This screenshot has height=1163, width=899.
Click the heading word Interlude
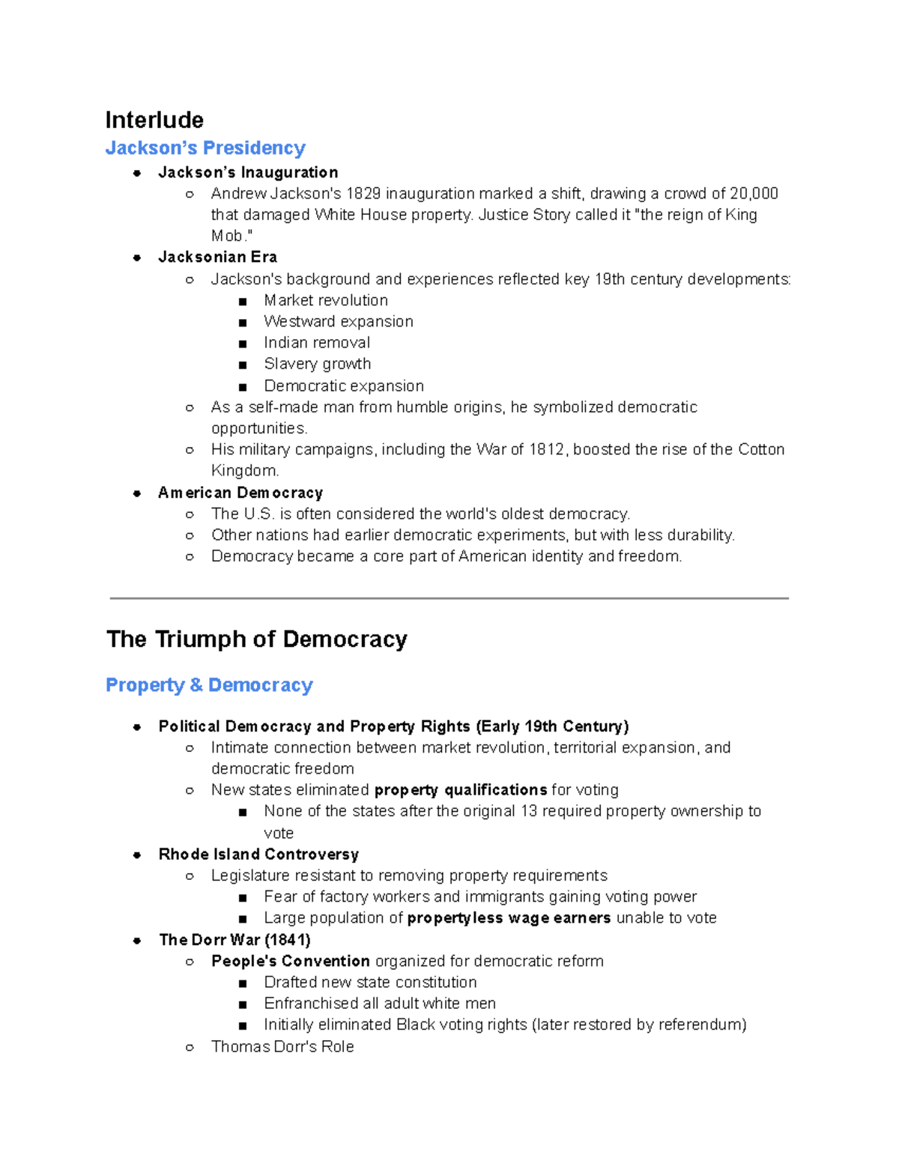pos(154,120)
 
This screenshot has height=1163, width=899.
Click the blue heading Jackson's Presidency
pos(205,148)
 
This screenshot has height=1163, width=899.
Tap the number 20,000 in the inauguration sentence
pos(754,194)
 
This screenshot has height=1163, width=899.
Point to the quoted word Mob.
pos(228,236)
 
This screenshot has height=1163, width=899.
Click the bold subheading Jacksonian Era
pos(217,257)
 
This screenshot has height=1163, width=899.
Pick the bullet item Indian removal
pos(317,342)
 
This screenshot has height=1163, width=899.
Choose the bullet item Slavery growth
pos(317,364)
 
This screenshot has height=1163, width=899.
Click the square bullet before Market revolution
pos(243,301)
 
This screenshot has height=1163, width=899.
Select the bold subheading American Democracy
pos(240,493)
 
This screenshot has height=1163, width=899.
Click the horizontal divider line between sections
pos(449,598)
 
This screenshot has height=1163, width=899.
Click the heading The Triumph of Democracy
pos(256,639)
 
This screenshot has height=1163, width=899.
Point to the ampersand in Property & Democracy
pos(196,685)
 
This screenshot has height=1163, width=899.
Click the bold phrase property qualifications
pos(461,790)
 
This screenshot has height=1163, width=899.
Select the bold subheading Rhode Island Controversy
pos(258,854)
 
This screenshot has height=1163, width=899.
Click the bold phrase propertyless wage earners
pos(509,918)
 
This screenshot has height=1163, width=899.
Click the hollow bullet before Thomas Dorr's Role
pos(190,1047)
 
